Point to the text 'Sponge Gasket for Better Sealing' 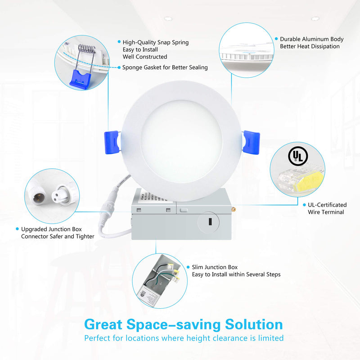pos(165,67)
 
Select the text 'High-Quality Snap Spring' pos(156,42)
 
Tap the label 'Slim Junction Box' pos(215,267)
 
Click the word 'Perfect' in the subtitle pos(97,338)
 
